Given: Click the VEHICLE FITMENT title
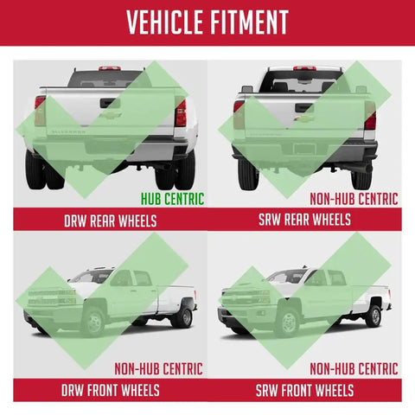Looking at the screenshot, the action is [x=207, y=22].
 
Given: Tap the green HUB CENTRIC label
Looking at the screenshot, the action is [x=172, y=199].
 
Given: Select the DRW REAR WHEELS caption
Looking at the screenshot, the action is [x=111, y=221].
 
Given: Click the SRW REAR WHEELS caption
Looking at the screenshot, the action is [x=304, y=220].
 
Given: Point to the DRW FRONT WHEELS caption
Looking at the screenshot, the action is [x=111, y=390].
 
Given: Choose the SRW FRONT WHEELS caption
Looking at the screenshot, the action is [x=304, y=391].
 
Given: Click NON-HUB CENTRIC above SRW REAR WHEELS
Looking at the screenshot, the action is [x=354, y=199].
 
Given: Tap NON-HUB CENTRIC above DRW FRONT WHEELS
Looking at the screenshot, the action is [x=158, y=368].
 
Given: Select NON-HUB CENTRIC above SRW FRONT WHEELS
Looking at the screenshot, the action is [x=354, y=368].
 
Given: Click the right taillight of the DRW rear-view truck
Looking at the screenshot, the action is [x=181, y=112].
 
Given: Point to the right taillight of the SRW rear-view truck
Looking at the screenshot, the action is [x=370, y=116].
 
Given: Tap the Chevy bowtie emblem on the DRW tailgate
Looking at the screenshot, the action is [x=110, y=115].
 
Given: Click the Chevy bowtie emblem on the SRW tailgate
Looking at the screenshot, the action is [x=304, y=118].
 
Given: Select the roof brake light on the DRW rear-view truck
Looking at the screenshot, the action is [x=110, y=68].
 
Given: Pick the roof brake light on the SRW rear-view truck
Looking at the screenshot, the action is [x=304, y=68].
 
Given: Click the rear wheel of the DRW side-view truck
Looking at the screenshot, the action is [x=183, y=317].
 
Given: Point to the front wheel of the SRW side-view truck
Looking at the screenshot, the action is [x=287, y=322].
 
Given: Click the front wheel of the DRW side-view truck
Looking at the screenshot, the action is [x=93, y=322].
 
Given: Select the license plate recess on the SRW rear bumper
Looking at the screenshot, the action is [x=305, y=150].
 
